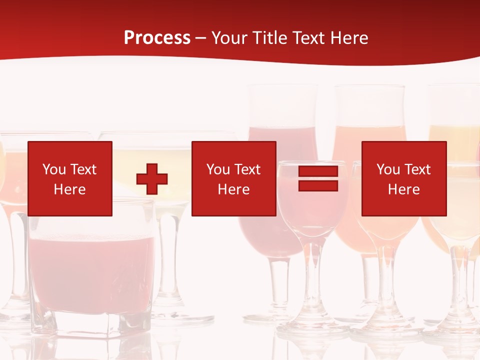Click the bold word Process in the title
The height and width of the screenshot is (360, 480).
157,38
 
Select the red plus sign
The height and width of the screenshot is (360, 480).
152,179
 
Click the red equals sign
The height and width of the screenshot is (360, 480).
318,179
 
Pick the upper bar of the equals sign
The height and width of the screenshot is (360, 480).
318,172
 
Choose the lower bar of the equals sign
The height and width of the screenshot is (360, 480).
318,186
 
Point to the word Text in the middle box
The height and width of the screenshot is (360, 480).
247,169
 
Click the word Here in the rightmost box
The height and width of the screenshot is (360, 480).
404,189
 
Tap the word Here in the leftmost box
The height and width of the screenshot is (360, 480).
70,189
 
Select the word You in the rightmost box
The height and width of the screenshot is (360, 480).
388,169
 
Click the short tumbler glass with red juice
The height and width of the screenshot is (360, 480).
92,270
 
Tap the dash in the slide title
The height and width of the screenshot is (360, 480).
200,38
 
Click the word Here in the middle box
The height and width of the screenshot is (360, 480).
234,189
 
